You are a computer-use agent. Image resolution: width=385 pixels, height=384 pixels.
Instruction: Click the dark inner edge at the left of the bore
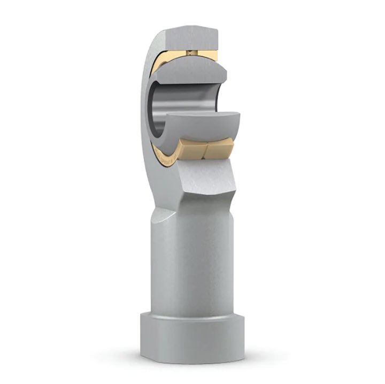pyautogui.click(x=155, y=107)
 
